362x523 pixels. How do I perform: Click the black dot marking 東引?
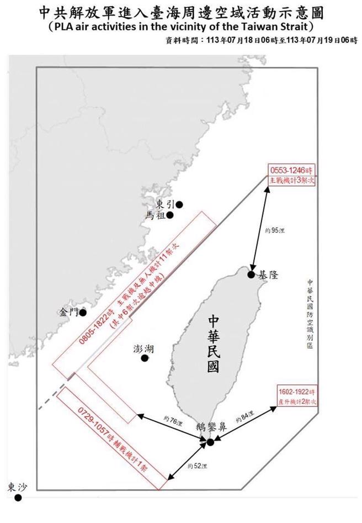click(x=179, y=204)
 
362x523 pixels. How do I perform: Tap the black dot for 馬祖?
click(x=171, y=215)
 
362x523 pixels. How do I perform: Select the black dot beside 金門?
click(x=83, y=313)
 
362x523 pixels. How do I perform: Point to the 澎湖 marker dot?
click(x=145, y=358)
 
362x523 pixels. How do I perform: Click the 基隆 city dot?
click(x=251, y=274)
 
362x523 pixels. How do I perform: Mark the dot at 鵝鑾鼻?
click(x=210, y=442)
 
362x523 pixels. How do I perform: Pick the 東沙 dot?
click(x=18, y=498)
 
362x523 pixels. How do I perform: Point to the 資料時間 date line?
click(x=259, y=40)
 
